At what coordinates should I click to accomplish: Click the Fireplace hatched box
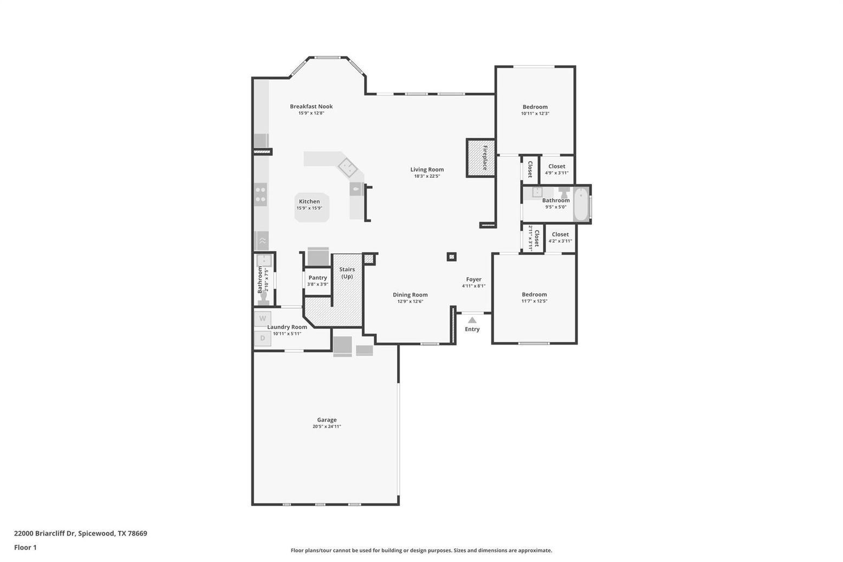481,158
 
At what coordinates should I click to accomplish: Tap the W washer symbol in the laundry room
262,319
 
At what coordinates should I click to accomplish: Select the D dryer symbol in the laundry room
262,338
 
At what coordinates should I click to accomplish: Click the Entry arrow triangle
472,320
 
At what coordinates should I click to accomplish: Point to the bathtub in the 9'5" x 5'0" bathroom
581,205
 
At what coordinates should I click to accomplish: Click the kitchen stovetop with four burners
261,195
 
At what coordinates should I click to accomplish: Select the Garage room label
327,419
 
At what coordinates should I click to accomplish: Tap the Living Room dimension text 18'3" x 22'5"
427,176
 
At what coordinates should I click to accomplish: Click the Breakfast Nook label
311,107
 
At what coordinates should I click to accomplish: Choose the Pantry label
317,278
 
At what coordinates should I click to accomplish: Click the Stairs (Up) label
347,273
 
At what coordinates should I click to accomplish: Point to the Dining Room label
410,295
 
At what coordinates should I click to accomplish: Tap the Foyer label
474,279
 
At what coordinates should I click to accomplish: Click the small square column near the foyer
452,257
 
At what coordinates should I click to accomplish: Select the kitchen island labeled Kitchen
312,208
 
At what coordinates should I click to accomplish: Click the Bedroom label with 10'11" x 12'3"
535,107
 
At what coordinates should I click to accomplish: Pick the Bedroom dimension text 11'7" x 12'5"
534,301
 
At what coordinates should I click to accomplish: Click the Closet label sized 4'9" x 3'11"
556,166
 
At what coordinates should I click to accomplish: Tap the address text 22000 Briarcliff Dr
45,533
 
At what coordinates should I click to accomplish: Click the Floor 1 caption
25,548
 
